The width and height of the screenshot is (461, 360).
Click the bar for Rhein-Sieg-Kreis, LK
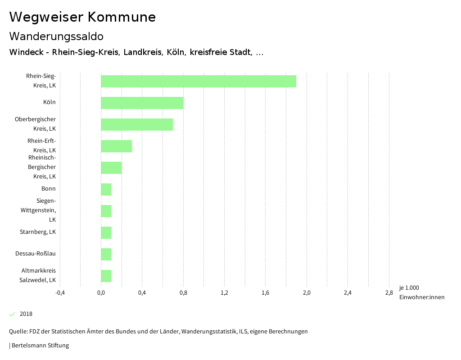198,81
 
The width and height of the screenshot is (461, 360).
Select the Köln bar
142,103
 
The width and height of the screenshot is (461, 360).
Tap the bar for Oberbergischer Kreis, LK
137,124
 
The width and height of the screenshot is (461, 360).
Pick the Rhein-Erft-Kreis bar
116,146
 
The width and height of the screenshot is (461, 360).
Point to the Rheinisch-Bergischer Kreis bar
111,168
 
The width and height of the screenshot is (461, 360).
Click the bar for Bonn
106,189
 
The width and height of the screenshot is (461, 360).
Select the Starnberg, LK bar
106,232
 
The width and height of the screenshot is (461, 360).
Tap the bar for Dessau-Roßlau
106,254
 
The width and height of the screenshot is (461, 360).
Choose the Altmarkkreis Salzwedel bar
106,276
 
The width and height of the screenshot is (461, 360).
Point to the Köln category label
50,102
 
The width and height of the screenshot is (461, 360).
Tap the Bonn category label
49,189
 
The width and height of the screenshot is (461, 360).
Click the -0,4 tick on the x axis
60,293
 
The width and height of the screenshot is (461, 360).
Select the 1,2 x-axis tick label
224,293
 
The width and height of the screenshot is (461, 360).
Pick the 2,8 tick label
389,293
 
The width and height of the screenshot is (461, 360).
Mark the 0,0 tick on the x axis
101,293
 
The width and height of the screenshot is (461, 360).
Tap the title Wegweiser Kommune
82,17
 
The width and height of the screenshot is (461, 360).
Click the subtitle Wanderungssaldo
56,36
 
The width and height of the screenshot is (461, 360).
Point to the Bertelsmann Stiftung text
40,346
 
